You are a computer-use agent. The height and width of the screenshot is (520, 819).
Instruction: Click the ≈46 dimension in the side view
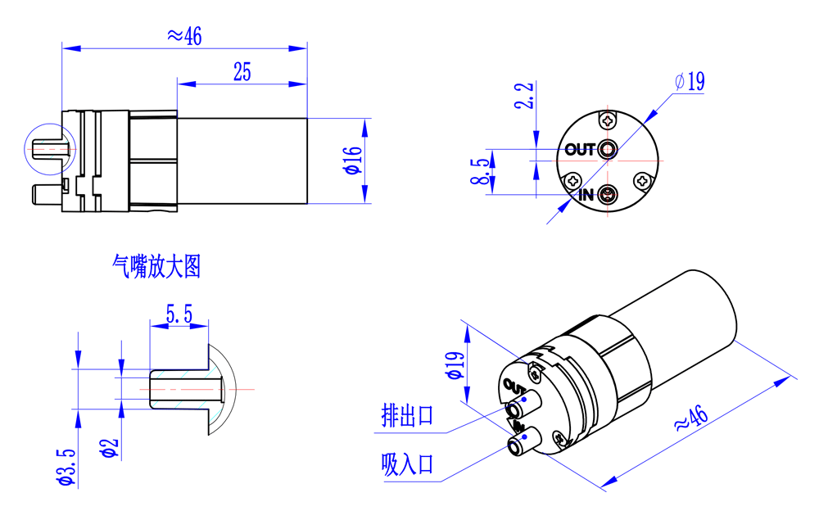pos(184,35)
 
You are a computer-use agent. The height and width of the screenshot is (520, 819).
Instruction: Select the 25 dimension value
pos(242,72)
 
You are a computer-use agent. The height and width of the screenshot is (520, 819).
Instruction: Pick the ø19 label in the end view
pos(690,81)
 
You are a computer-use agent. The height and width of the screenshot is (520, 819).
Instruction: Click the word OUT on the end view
pos(580,150)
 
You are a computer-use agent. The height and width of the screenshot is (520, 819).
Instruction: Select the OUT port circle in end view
pos(608,149)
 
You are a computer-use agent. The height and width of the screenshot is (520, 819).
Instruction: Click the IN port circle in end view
pos(608,195)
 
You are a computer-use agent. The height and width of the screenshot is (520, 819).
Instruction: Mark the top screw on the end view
pos(608,121)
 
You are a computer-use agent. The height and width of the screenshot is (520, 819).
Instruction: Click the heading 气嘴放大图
pos(156,267)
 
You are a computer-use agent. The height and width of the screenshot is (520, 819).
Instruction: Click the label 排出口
pos(407,416)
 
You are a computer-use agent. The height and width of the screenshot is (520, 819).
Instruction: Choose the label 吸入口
pos(407,464)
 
